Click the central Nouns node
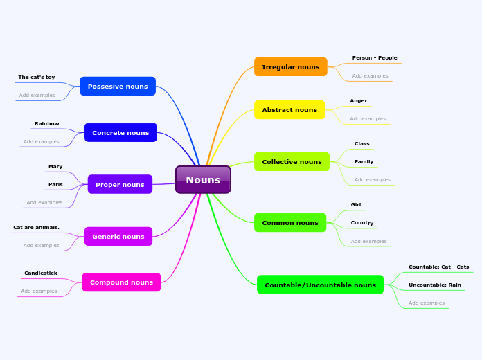pos(203,180)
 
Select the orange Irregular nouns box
pos(291,67)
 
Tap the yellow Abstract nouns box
pos(289,110)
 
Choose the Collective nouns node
pos(292,162)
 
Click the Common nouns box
pos(290,223)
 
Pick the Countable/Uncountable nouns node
pos(320,285)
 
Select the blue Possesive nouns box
pos(118,87)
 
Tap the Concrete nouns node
pos(120,132)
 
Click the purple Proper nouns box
pos(120,185)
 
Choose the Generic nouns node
pos(118,237)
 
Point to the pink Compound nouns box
pos(121,282)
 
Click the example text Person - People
pos(375,58)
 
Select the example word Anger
pos(359,101)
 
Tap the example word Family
pos(364,162)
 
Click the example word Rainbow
pos(47,124)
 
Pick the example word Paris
pos(55,185)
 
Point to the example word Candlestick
pos(41,273)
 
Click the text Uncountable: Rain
pos(435,285)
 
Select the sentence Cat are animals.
pos(36,228)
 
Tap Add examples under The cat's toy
pos(37,96)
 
